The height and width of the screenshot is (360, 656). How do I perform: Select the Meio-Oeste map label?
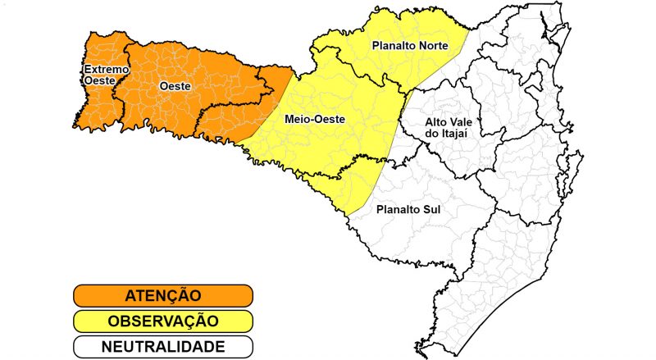[x=314, y=120]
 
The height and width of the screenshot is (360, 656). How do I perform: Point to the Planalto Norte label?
[x=410, y=46]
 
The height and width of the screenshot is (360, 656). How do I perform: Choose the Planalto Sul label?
[x=408, y=209]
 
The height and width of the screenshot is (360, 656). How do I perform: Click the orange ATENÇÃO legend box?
[x=162, y=295]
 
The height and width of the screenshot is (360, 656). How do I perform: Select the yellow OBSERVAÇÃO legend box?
[x=162, y=321]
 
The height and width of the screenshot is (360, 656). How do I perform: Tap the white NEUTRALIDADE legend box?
[x=162, y=346]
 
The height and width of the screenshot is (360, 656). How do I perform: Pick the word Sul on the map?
[x=431, y=209]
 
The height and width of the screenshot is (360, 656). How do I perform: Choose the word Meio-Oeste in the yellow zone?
[x=314, y=120]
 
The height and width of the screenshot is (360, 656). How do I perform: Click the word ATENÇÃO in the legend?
[x=162, y=295]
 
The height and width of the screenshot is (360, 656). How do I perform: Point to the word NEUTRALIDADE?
[x=162, y=346]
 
